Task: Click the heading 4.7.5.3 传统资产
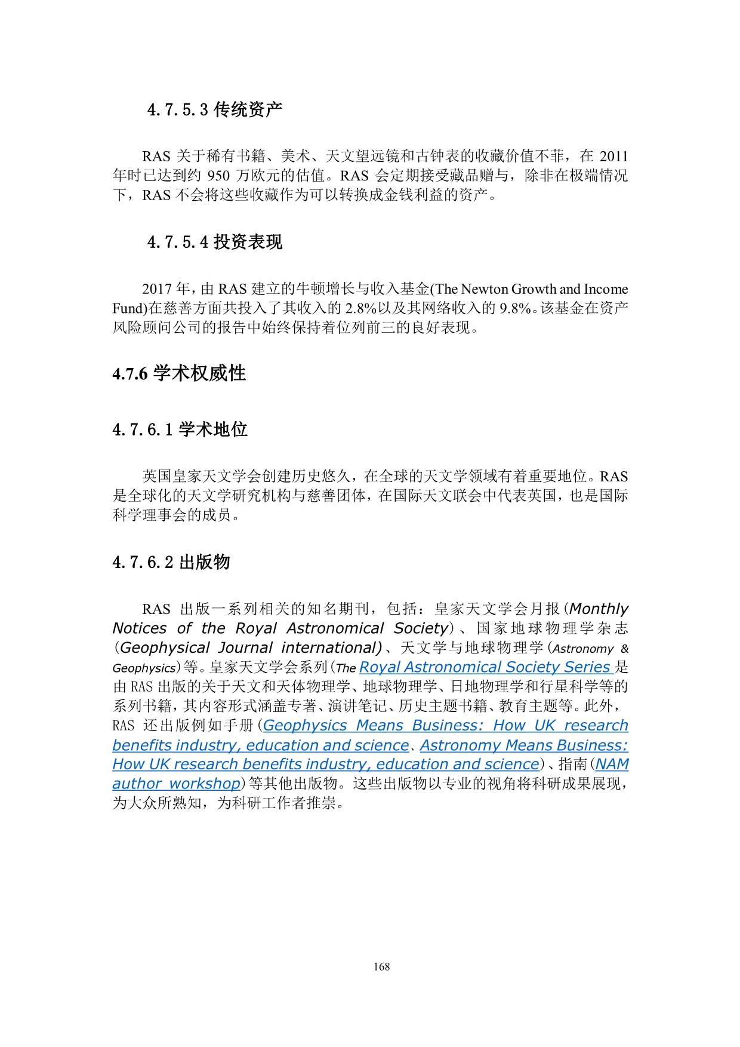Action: coord(214,110)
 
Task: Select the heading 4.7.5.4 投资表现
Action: coord(214,242)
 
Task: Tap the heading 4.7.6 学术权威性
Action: coord(179,374)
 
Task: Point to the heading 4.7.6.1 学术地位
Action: coord(180,429)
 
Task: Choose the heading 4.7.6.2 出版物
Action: coord(171,562)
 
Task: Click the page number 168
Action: coord(381,966)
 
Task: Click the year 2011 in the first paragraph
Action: coord(613,156)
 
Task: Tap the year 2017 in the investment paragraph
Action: coord(157,290)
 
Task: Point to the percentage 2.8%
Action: coord(360,309)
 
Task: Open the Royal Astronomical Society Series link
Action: coord(486,667)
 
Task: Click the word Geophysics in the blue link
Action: coord(305,726)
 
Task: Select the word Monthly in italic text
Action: coord(599,609)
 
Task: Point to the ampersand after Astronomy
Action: coord(624,649)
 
